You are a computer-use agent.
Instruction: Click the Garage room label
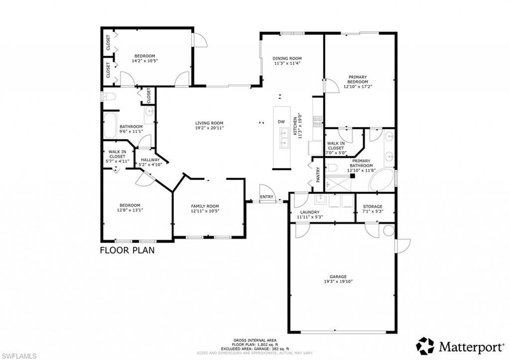click(x=338, y=276)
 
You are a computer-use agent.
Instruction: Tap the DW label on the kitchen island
click(x=281, y=122)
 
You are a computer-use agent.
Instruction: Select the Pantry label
click(x=318, y=172)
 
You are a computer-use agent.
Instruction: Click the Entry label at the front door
click(x=267, y=197)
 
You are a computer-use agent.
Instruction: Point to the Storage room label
click(x=373, y=207)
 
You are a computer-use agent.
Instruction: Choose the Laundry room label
click(x=310, y=212)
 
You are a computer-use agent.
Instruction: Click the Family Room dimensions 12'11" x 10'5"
click(x=205, y=211)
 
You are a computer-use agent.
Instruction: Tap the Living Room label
click(x=209, y=123)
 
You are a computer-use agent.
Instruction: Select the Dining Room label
click(x=287, y=58)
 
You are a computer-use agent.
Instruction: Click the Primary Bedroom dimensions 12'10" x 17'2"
click(x=358, y=87)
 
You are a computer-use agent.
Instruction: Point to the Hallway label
click(x=150, y=160)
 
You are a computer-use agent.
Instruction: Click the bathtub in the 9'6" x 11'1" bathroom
click(x=110, y=124)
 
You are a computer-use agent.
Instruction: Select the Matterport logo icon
click(x=425, y=346)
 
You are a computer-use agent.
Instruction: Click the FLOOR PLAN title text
click(x=127, y=250)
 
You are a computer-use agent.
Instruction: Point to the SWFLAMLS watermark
click(x=19, y=356)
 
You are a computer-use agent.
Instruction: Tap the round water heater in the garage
click(x=388, y=231)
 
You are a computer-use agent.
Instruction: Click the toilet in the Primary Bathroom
click(x=333, y=167)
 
